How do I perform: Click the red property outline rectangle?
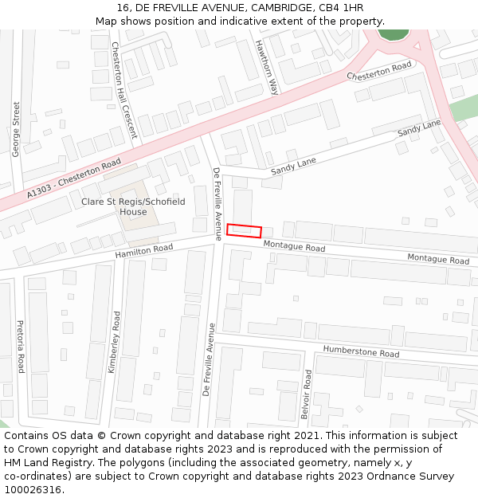point(244,231)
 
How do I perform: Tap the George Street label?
point(16,128)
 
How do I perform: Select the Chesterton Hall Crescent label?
point(123,90)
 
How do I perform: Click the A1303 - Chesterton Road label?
point(73,178)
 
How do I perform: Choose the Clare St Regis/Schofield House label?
point(133,207)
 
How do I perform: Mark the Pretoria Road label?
point(21,347)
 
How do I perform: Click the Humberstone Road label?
point(361,352)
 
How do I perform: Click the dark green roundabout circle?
point(392,33)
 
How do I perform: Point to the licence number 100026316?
point(33,489)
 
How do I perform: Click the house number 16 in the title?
point(123,8)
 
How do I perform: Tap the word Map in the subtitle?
point(107,22)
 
